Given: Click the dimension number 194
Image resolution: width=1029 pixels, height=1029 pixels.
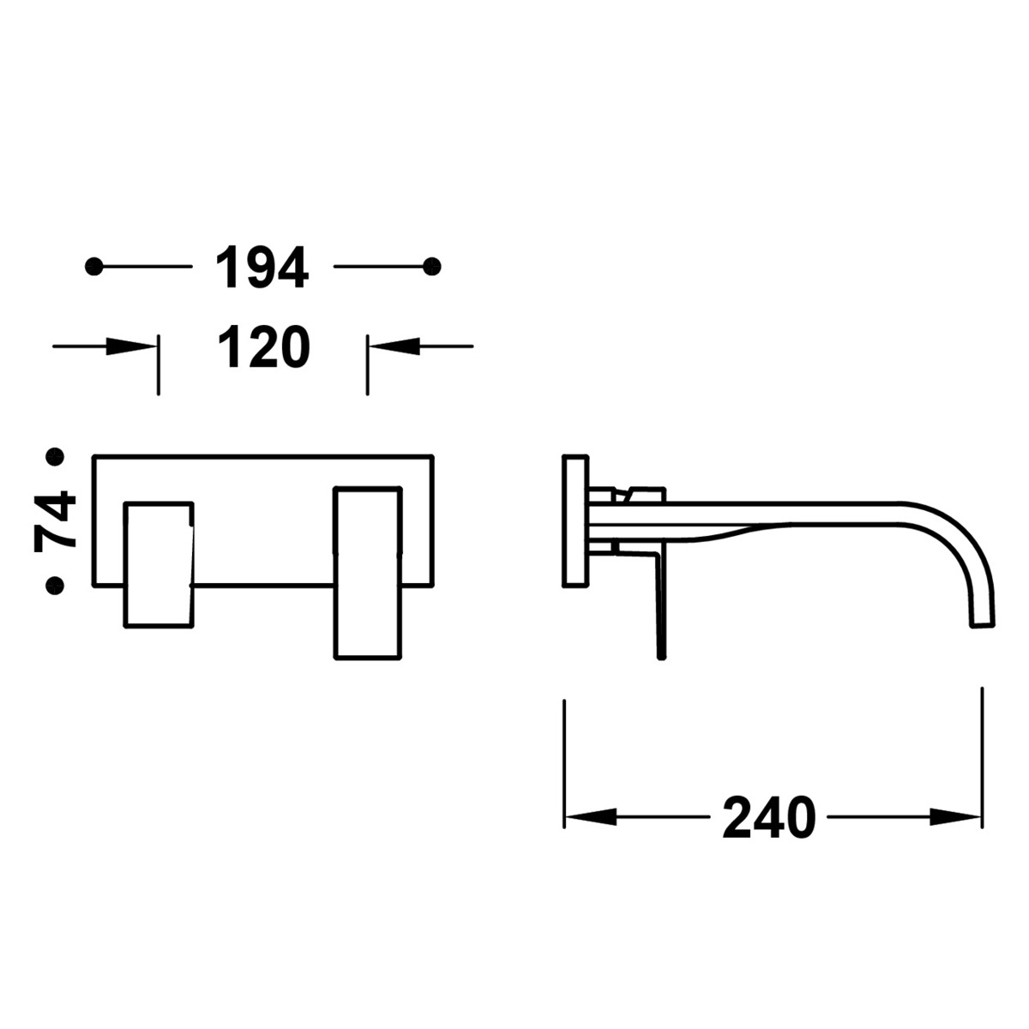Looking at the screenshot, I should pyautogui.click(x=262, y=268).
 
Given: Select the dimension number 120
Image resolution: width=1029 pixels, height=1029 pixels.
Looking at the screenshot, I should pyautogui.click(x=262, y=347).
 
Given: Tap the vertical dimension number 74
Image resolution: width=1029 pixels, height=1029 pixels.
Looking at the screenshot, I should pyautogui.click(x=56, y=520).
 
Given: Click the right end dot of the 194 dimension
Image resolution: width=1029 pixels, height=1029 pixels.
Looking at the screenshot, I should pyautogui.click(x=433, y=267).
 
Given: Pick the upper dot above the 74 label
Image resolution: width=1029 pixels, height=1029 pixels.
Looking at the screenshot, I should pyautogui.click(x=56, y=457).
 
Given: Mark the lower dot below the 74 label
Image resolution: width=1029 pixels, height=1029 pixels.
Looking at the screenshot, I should pyautogui.click(x=56, y=585).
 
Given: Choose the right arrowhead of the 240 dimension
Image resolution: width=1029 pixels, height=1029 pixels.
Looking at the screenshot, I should pyautogui.click(x=956, y=816).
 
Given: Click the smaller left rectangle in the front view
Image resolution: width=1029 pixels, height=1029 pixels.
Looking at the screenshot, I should pyautogui.click(x=159, y=565).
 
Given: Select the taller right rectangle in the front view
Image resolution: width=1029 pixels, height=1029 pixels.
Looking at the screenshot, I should pyautogui.click(x=367, y=573).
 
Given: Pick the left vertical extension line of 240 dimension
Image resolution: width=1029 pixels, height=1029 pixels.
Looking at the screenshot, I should pyautogui.click(x=564, y=763).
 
